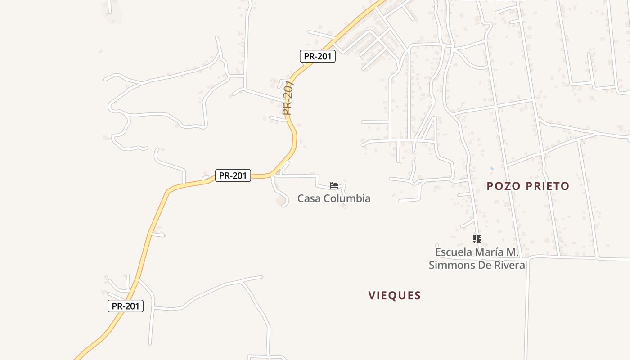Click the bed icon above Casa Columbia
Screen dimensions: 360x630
click(333, 185)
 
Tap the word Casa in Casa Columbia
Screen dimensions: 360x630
click(309, 198)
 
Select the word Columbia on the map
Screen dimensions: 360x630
click(346, 198)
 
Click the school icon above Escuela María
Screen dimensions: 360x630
click(477, 239)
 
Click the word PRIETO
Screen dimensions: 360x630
click(546, 186)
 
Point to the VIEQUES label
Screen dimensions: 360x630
click(395, 296)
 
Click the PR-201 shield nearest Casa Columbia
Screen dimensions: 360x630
click(233, 175)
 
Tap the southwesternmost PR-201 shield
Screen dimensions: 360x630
click(126, 306)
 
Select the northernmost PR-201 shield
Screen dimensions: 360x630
click(318, 56)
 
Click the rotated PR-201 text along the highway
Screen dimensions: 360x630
click(288, 98)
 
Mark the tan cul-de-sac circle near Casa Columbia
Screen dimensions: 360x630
click(281, 199)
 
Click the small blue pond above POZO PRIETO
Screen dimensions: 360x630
click(491, 169)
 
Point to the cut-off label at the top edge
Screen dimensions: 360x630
click(494, 1)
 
